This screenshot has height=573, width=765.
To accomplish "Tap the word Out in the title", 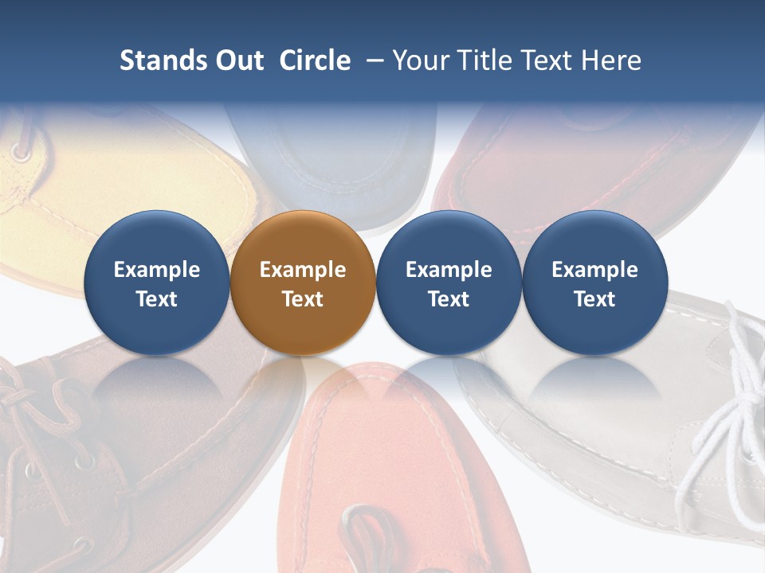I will pos(238,60).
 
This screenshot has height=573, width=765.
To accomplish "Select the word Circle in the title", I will pos(315,60).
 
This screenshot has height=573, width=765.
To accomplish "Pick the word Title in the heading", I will pos(481,60).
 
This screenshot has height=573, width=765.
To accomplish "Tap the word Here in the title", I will pos(612,60).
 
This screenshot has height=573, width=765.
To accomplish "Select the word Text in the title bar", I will pos(545,60).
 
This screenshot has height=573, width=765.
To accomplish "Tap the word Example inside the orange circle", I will pos(302,270).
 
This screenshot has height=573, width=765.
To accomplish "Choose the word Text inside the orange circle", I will pos(302,299).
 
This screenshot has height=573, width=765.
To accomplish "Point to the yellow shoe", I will pos(120,183).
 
